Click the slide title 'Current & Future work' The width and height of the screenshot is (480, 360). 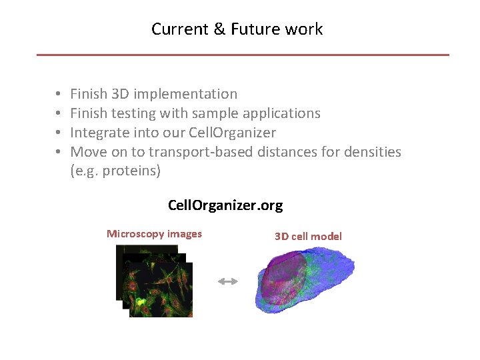point(237,29)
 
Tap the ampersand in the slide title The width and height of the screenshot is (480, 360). point(221,29)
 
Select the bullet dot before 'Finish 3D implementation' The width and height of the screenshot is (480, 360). point(59,95)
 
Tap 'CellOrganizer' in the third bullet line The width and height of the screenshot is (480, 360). point(232,133)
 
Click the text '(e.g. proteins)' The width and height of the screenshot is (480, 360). point(115,171)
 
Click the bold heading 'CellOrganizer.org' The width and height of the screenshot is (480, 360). point(225,205)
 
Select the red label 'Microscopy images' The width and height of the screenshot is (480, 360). point(154,234)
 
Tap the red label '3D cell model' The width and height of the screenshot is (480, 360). point(308,236)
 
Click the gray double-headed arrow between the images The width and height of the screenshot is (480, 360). point(227,282)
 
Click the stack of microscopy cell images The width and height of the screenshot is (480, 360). point(155,281)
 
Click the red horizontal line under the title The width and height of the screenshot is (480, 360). point(243,55)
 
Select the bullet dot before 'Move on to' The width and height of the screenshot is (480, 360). point(59,153)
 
